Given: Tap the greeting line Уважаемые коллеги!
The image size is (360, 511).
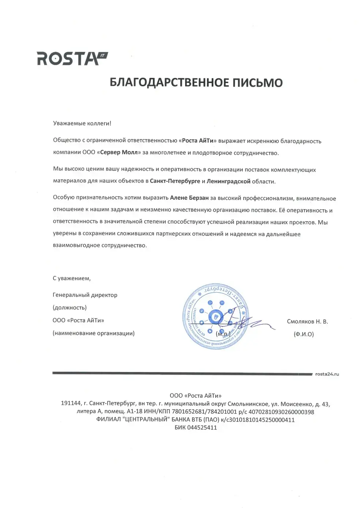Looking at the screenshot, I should (82, 123).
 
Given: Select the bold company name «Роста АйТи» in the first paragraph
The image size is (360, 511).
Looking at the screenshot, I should (198, 141).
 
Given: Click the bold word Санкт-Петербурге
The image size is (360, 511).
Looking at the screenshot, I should (175, 181).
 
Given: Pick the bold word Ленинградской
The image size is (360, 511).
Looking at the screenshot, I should (229, 181).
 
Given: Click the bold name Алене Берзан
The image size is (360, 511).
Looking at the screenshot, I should (189, 198).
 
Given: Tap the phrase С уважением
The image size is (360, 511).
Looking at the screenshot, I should (72, 278).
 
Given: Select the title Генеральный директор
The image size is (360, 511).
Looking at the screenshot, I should (85, 295).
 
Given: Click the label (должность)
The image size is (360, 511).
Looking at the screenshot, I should (70, 308).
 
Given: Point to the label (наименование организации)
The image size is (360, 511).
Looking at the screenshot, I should (94, 333).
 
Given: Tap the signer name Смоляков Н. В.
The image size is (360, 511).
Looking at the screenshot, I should (307, 322).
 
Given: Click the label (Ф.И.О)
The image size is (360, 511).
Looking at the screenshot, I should (304, 334).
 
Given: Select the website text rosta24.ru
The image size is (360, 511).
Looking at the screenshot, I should (327, 374).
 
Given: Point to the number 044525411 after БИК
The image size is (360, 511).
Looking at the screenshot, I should (202, 428).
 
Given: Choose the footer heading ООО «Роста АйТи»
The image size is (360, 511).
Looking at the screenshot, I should (195, 395).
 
